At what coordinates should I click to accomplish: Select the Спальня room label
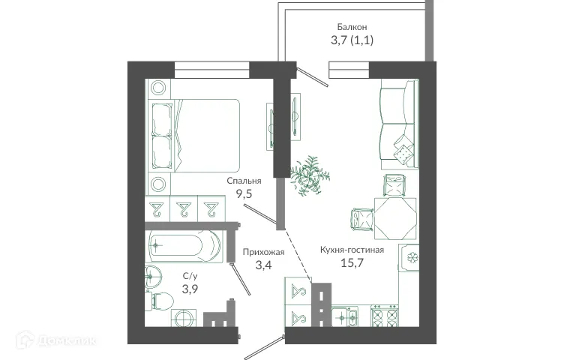click(244, 181)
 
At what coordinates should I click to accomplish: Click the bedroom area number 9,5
click(244, 193)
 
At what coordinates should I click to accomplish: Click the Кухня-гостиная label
click(352, 250)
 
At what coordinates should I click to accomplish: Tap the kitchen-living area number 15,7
click(352, 263)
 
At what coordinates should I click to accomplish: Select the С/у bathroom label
click(190, 276)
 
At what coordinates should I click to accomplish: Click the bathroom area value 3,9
click(190, 289)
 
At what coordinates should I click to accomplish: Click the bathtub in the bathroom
click(184, 244)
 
